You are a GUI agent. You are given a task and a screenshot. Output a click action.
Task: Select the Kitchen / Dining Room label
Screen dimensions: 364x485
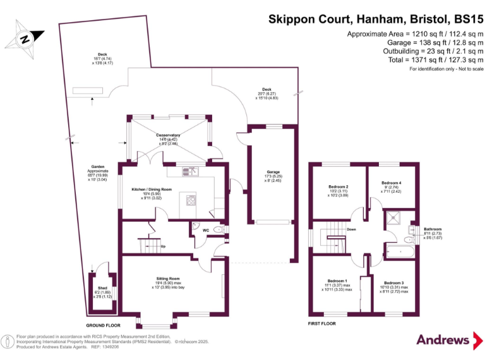(x=152, y=190)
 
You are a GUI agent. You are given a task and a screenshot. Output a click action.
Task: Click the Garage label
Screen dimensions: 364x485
(x=272, y=172)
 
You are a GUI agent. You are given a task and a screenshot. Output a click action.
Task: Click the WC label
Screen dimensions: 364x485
(x=205, y=230)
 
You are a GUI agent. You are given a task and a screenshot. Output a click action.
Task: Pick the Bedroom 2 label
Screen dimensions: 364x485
(x=338, y=187)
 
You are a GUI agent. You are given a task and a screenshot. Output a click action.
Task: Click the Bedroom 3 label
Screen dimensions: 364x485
(x=394, y=282)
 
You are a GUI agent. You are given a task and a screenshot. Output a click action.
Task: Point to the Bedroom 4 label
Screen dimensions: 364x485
(x=392, y=183)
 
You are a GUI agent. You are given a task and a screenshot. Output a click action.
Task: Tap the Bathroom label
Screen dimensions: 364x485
(x=433, y=229)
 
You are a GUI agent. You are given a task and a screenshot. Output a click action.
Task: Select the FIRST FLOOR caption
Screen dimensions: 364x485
(x=321, y=323)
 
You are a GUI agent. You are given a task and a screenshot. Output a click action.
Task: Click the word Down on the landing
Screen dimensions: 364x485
(x=351, y=229)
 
